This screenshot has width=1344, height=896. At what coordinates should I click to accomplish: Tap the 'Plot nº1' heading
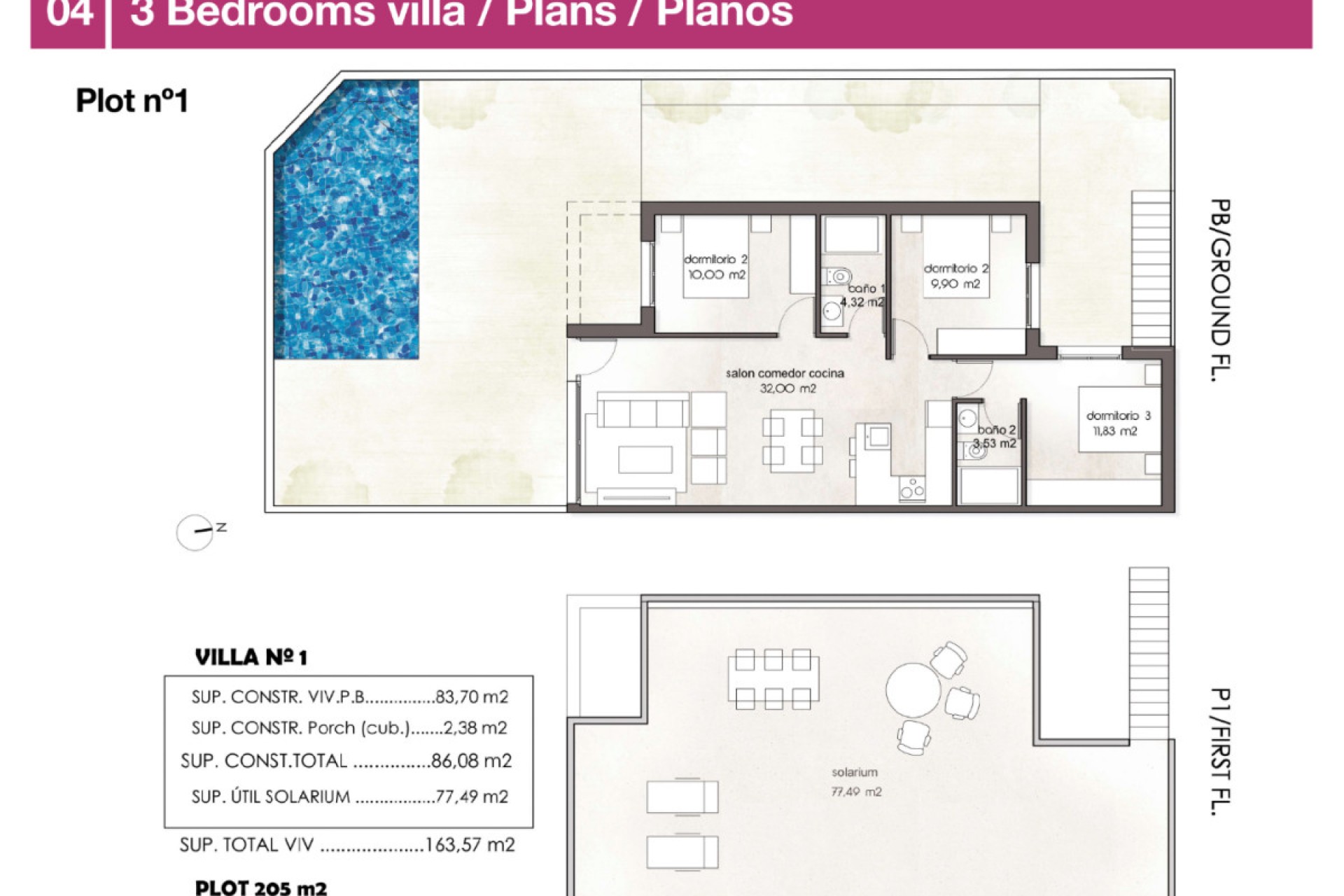[x=132, y=101]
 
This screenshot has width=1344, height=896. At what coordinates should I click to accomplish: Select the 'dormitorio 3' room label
[x=1118, y=416]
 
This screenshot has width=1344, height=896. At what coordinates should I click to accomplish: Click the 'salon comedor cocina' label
[x=785, y=374]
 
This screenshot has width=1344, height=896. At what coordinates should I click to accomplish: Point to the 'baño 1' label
[x=867, y=288]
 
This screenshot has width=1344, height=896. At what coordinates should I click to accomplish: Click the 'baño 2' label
[x=996, y=430]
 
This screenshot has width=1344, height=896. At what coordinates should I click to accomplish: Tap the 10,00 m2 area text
[x=717, y=275]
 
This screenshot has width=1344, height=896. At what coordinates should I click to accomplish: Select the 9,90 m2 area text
[x=955, y=284]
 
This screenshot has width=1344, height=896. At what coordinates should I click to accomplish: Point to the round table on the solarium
[x=913, y=690]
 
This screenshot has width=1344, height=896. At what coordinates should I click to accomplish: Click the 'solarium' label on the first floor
[x=854, y=773]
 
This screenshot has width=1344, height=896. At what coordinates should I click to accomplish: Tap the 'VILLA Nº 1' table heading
[x=251, y=657]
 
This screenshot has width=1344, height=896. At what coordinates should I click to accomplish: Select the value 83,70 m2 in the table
[x=471, y=697]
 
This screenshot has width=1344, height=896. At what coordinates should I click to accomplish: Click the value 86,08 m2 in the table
[x=471, y=761]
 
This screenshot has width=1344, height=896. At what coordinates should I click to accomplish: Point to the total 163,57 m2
[x=470, y=845]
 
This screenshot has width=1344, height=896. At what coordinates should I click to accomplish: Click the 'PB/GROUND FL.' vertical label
[x=1220, y=290]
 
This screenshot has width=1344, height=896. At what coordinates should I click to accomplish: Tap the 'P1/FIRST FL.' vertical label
[x=1220, y=752]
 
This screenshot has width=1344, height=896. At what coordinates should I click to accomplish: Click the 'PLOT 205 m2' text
[x=260, y=888]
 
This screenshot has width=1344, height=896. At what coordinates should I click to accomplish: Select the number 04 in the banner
[x=69, y=14]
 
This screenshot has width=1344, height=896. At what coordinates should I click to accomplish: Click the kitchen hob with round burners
[x=911, y=489]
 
